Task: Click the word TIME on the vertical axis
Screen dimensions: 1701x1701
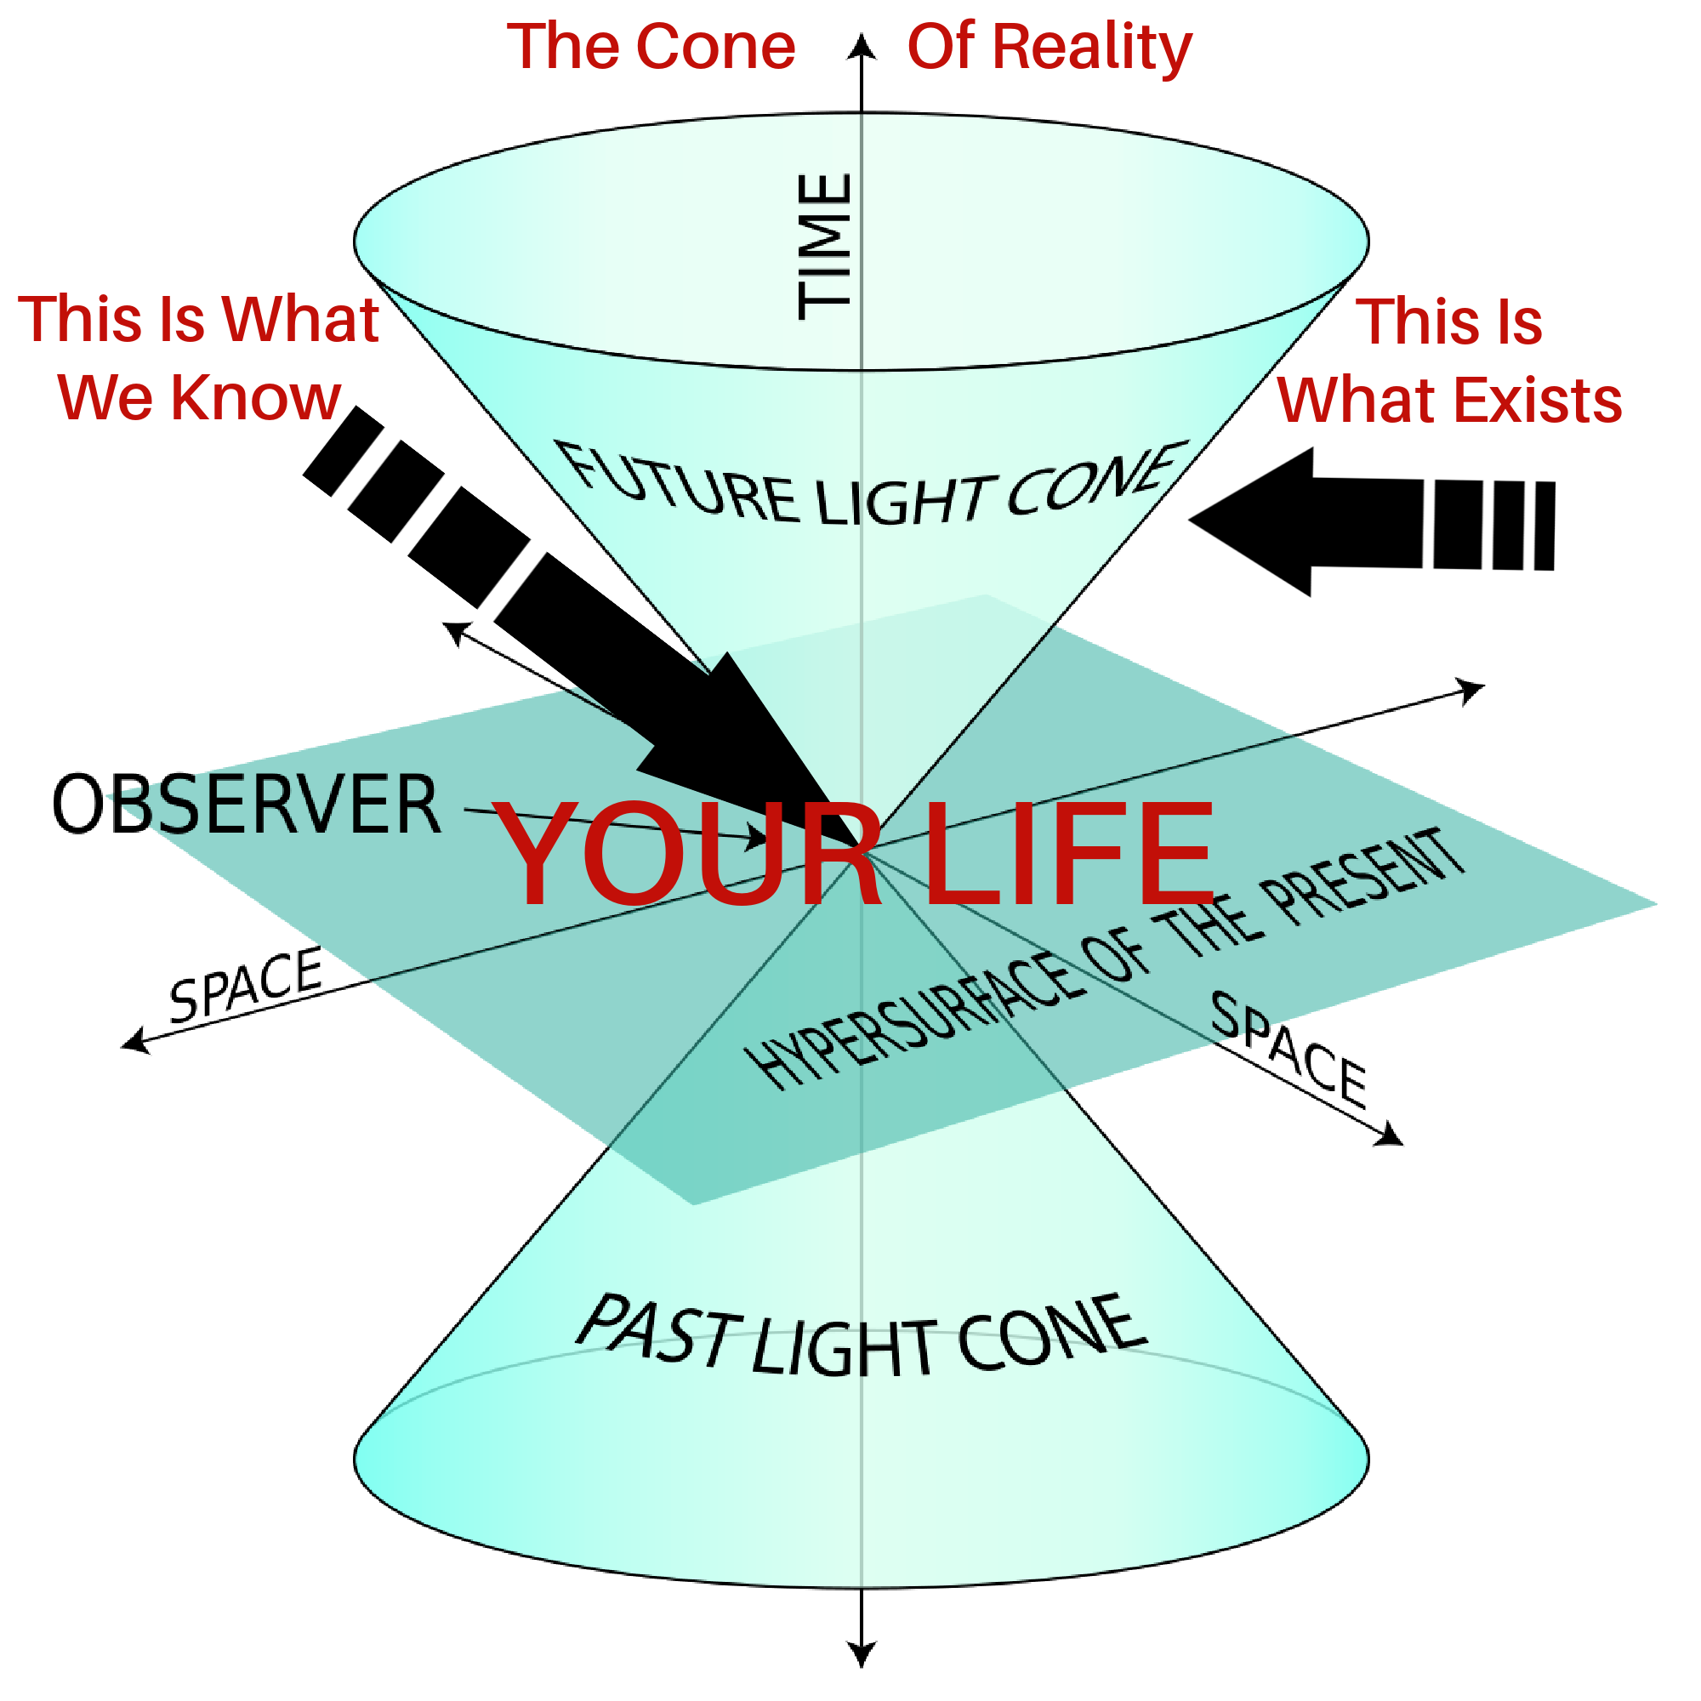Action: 825,247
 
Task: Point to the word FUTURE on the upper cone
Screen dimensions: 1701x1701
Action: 678,485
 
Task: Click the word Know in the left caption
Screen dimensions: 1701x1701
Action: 255,398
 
